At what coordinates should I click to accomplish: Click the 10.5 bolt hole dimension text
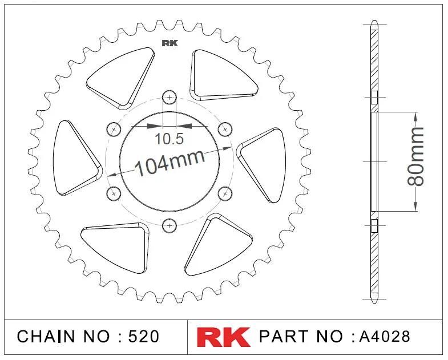coord(169,139)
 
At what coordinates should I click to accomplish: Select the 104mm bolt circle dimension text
coord(169,163)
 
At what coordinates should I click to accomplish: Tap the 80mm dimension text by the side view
coord(415,156)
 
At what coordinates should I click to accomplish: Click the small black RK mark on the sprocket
coord(169,43)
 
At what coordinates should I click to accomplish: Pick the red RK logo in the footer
coord(223,337)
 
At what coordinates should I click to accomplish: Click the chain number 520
coord(144,336)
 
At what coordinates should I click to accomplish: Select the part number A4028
coord(384,336)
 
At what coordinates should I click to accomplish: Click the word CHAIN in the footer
coord(46,336)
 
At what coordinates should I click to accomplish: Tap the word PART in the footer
coord(284,336)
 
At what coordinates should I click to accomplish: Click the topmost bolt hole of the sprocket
coord(169,98)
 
